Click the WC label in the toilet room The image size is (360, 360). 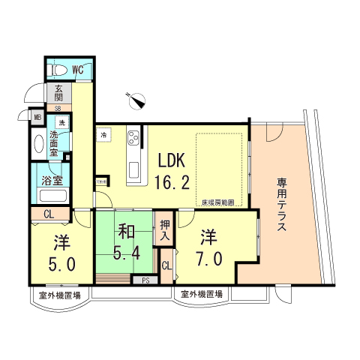[x=79, y=70]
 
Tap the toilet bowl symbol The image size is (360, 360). [x=57, y=70]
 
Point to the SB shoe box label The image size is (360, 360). [x=58, y=108]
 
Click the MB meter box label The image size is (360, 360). [x=37, y=116]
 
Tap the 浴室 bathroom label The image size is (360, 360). [x=51, y=181]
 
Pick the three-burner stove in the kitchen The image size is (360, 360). [x=133, y=139]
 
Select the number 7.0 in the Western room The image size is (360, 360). [x=208, y=259]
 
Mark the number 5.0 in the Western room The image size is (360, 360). [x=61, y=263]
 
